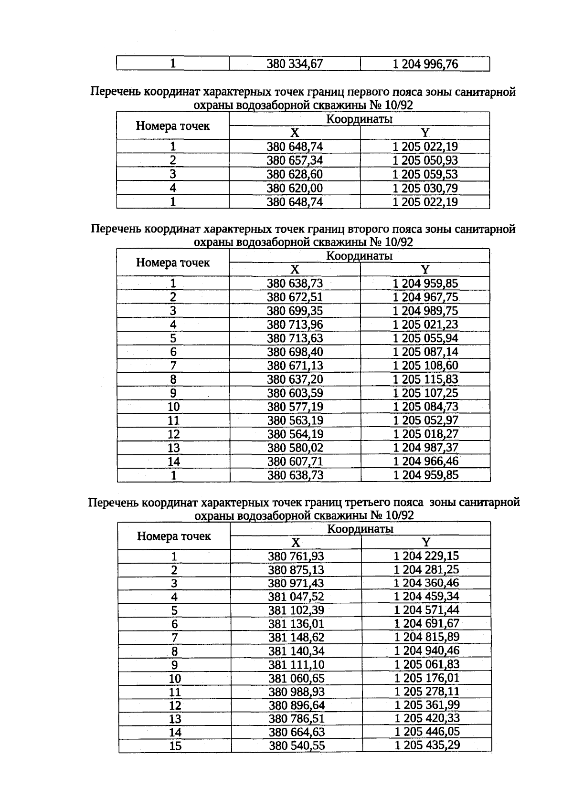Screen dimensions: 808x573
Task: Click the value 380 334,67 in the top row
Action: coord(295,64)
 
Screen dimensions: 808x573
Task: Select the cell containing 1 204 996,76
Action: coord(425,64)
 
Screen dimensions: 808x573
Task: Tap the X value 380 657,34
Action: coord(295,160)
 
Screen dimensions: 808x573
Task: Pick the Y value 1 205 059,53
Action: coord(425,174)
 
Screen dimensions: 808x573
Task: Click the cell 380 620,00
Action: coord(295,188)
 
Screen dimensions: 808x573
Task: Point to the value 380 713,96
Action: coord(295,325)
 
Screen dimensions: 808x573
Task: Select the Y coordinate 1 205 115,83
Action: coord(425,380)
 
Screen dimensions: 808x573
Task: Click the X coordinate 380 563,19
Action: coord(295,421)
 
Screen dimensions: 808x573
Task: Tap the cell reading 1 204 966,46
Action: coord(425,462)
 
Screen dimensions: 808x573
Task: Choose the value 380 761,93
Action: coord(296,556)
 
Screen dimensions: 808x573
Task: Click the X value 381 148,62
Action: coord(296,638)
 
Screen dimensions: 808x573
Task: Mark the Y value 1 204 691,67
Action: coord(426,624)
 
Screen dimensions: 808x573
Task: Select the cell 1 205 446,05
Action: coord(426,733)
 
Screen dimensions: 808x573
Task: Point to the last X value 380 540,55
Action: coord(297,746)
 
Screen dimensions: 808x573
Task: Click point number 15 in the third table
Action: coord(175,746)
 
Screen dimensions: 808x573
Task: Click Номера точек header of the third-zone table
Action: coord(174,536)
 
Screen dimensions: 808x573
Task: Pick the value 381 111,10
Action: coord(296,665)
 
